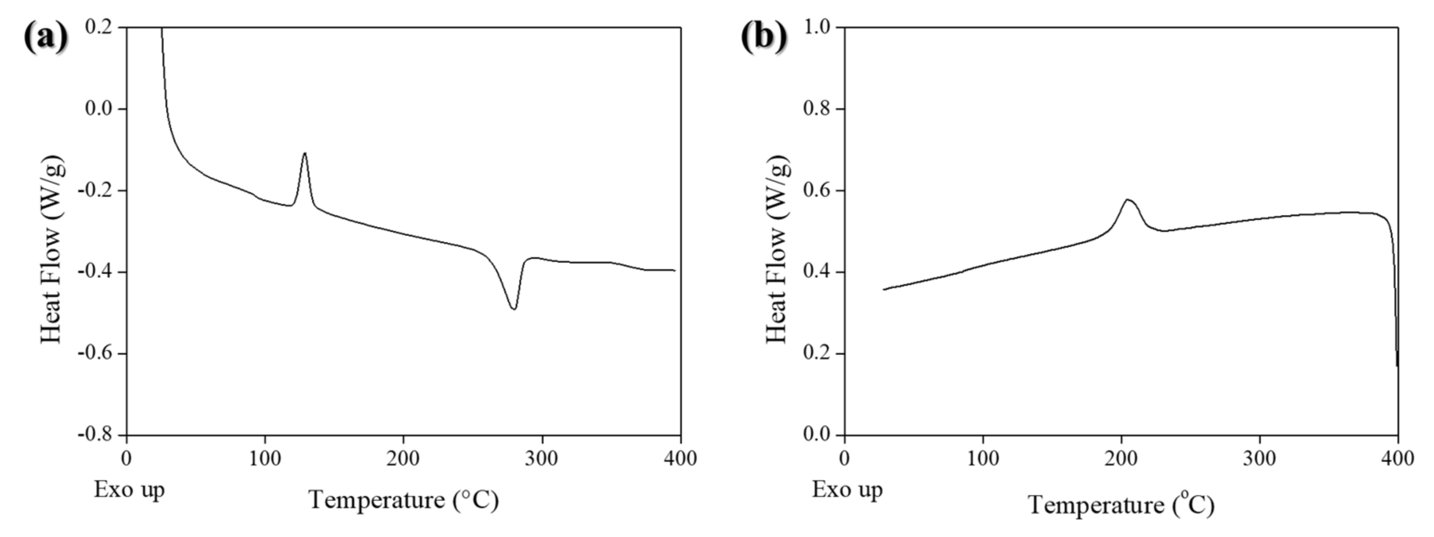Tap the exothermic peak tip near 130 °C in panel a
[x=305, y=152]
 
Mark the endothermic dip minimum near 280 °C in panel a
[x=514, y=309]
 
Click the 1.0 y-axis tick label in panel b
[x=817, y=27]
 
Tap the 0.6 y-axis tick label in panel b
[x=817, y=191]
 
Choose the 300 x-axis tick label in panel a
[x=541, y=458]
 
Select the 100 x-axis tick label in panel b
[x=983, y=458]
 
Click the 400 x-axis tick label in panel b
[x=1397, y=458]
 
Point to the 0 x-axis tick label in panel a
[x=126, y=458]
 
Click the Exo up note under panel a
[x=129, y=490]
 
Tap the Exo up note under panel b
[x=847, y=490]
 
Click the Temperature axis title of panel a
[x=404, y=500]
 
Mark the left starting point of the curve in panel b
[x=884, y=289]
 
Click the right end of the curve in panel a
[x=674, y=271]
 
